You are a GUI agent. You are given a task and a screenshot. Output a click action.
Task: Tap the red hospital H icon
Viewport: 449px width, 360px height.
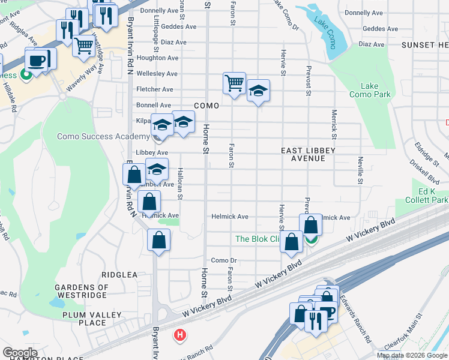pyautogui.click(x=179, y=335)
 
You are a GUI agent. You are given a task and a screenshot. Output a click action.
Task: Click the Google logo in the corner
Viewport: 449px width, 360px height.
pyautogui.click(x=20, y=353)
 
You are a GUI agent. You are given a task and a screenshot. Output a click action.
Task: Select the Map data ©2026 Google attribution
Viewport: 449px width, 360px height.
pyautogui.click(x=412, y=355)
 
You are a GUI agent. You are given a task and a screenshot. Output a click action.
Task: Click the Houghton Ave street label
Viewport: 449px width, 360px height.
pyautogui.click(x=158, y=58)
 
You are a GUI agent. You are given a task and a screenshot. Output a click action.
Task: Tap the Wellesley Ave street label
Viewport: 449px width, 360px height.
pyautogui.click(x=157, y=74)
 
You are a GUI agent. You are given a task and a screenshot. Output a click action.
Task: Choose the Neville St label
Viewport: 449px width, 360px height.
pyautogui.click(x=360, y=169)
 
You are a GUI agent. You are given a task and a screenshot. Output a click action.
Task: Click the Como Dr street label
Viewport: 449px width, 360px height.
pyautogui.click(x=224, y=260)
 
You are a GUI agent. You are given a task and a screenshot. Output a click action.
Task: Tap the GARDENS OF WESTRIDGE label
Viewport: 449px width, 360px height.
pyautogui.click(x=82, y=292)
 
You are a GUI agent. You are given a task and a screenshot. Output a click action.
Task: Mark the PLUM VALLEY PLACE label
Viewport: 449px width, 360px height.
pyautogui.click(x=84, y=319)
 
